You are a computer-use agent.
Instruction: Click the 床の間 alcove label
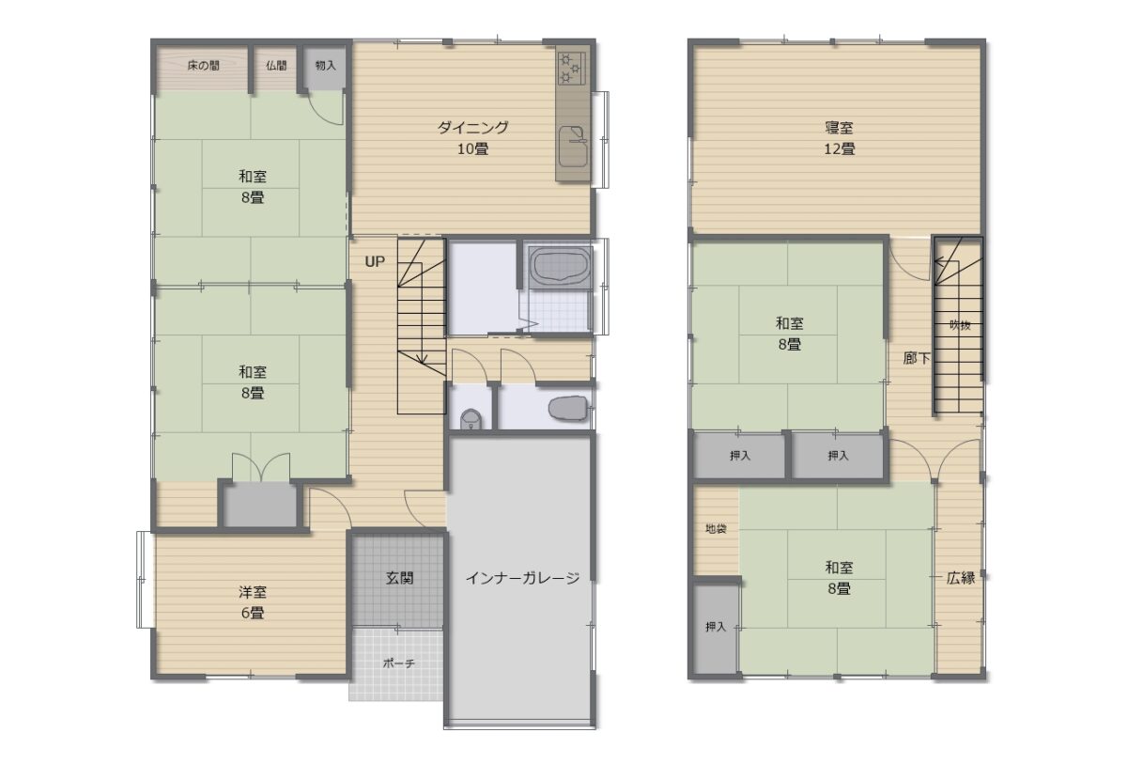click(204, 66)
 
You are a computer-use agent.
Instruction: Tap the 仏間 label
click(276, 66)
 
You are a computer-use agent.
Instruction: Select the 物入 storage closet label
click(326, 66)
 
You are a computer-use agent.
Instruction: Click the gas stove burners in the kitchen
click(572, 68)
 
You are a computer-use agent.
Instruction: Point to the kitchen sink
click(573, 147)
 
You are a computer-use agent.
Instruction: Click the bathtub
click(562, 266)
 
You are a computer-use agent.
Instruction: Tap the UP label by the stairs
click(375, 261)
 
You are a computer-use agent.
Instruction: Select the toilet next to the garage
click(568, 407)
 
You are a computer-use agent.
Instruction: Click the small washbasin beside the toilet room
click(471, 419)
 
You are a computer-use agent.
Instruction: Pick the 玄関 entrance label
click(400, 578)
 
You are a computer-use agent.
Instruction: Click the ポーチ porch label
click(399, 663)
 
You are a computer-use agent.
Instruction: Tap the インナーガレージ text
click(523, 578)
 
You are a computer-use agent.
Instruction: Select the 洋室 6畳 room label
click(252, 603)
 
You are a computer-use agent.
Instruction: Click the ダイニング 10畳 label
click(473, 138)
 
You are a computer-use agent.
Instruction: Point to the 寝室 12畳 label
click(840, 138)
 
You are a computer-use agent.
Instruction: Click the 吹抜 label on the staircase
click(960, 325)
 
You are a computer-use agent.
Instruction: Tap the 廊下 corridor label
click(917, 358)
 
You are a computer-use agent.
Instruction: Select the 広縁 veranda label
click(961, 578)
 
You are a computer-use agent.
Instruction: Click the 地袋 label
click(716, 528)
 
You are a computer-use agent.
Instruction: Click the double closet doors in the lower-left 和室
click(261, 468)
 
